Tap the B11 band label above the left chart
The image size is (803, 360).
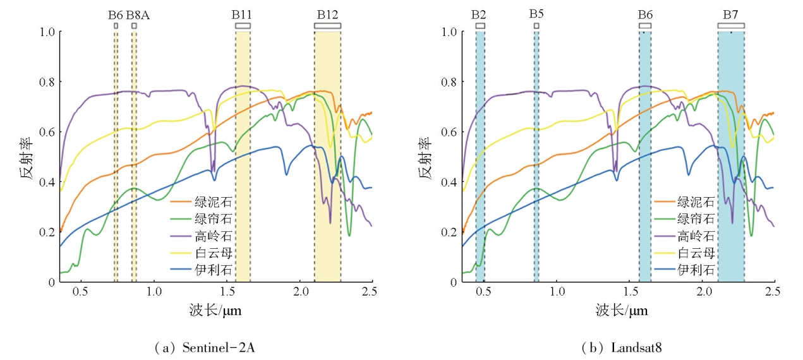click(x=243, y=14)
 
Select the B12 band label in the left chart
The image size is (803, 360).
click(x=327, y=14)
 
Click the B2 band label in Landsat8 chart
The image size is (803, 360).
click(x=480, y=14)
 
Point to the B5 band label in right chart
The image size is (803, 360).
click(x=536, y=14)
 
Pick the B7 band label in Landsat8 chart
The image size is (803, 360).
click(x=731, y=14)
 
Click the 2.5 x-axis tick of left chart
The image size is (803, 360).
click(x=370, y=293)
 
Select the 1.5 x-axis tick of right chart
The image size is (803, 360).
click(x=630, y=293)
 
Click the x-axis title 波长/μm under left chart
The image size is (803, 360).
click(x=215, y=311)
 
